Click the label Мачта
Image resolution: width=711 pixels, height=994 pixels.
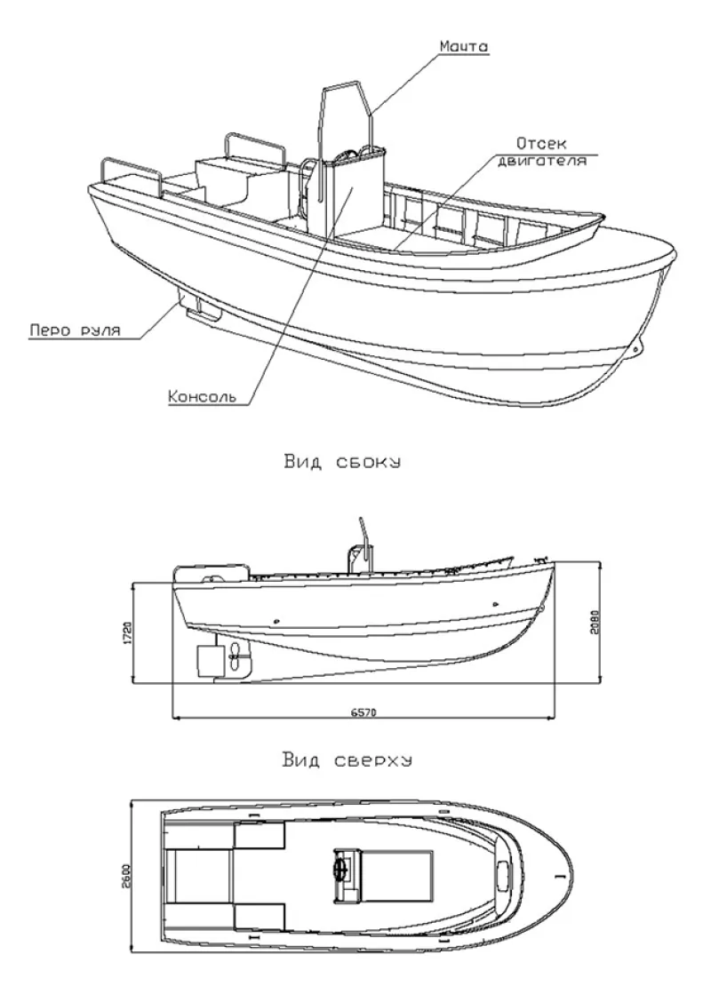pos(464,46)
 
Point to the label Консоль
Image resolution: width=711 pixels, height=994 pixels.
pos(203,395)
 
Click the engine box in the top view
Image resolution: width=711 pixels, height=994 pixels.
pos(398,871)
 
